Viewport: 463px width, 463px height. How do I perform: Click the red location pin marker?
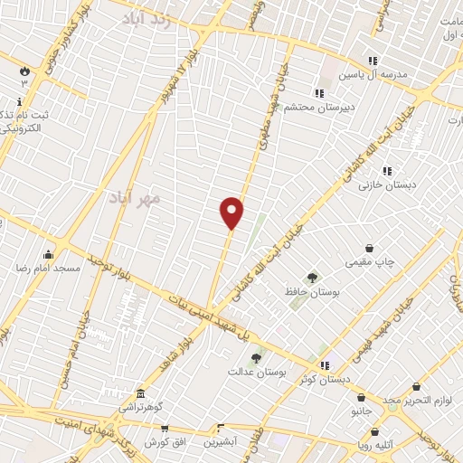pyautogui.click(x=232, y=212)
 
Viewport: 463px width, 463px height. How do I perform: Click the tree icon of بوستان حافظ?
pyautogui.click(x=312, y=278)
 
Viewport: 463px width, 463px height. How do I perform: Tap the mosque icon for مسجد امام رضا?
pyautogui.click(x=48, y=254)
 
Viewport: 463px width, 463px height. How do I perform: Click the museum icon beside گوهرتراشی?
pyautogui.click(x=140, y=394)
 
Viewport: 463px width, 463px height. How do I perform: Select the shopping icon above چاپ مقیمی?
pyautogui.click(x=369, y=249)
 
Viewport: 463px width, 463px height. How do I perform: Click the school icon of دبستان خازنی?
pyautogui.click(x=386, y=171)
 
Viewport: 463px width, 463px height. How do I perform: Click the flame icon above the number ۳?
pyautogui.click(x=24, y=70)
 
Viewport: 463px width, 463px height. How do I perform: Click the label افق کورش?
pyautogui.click(x=165, y=442)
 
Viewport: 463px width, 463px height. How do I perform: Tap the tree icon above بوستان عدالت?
pyautogui.click(x=256, y=358)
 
